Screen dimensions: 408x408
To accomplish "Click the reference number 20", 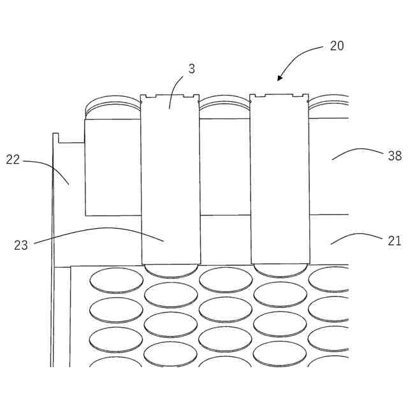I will pyautogui.click(x=337, y=46).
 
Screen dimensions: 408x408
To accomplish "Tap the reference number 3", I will pyautogui.click(x=191, y=68).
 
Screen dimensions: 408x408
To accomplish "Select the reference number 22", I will pyautogui.click(x=13, y=159).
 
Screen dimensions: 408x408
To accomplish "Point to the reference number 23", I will pyautogui.click(x=21, y=245).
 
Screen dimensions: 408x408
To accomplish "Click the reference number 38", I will pyautogui.click(x=395, y=154).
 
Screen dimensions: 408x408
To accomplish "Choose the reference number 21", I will pyautogui.click(x=395, y=240).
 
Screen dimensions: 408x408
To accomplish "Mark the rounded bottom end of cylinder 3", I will pyautogui.click(x=171, y=270).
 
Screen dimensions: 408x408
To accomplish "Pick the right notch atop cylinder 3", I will pyautogui.click(x=188, y=97).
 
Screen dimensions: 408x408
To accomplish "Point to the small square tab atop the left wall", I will pyautogui.click(x=55, y=137).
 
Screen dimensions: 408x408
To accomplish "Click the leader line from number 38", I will pyautogui.click(x=357, y=151).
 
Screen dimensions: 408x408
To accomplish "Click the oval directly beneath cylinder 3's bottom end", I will pyautogui.click(x=171, y=295).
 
